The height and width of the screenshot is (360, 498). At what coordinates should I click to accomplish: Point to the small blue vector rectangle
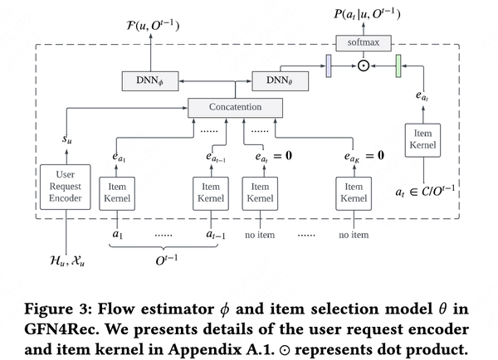(x=328, y=65)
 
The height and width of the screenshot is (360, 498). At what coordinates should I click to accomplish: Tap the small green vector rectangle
(x=398, y=65)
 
